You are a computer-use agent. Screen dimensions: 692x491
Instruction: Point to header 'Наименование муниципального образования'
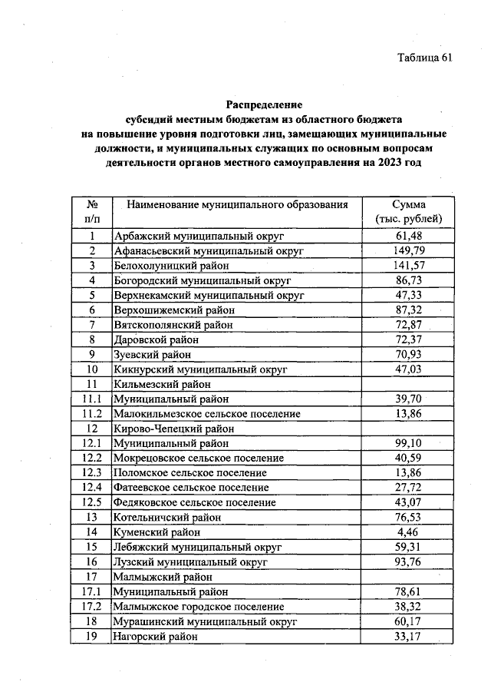coord(238,205)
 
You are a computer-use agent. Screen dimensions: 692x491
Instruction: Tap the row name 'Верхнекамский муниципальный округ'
coord(209,295)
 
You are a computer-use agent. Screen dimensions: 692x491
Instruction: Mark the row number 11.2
coord(91,414)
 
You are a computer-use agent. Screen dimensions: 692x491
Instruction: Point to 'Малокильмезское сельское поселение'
coord(206,414)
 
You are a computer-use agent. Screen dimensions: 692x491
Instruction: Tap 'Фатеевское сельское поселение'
coord(191,488)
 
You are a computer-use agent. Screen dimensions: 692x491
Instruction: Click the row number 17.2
coord(91,607)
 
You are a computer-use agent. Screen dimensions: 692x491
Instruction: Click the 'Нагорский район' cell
coord(155,637)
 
